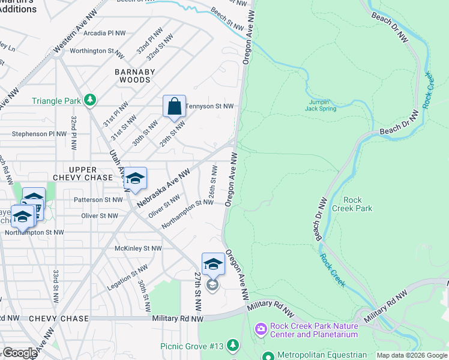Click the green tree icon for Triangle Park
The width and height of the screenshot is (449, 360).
coord(89,99)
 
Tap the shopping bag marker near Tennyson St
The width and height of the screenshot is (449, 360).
coord(174,107)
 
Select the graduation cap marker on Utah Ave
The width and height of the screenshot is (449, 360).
coord(136,179)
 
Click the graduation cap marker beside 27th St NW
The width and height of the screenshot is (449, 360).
coord(213,265)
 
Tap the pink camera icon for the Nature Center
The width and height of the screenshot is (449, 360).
coord(261,329)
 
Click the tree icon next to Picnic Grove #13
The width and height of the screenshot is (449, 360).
coord(233,346)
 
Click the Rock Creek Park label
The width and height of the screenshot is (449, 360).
coord(357,204)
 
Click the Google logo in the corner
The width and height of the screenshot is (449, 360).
coord(20,353)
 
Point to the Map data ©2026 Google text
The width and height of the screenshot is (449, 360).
coord(412,355)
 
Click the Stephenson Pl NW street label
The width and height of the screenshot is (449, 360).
coord(38,134)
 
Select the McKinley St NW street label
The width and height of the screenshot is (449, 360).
coord(139,248)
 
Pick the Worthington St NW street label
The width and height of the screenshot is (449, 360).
coord(96,51)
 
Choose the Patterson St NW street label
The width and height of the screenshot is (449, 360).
coord(98,200)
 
